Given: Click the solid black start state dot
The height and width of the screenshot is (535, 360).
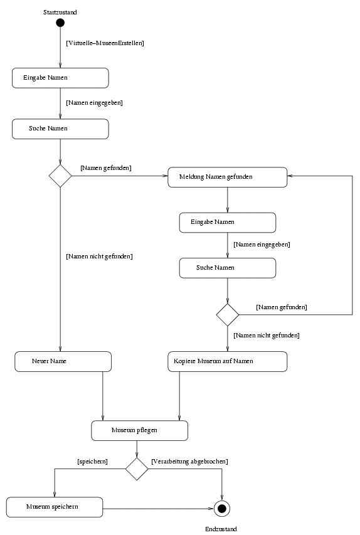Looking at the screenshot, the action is pyautogui.click(x=60, y=23).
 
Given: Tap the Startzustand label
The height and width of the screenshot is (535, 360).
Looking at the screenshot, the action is pyautogui.click(x=60, y=13).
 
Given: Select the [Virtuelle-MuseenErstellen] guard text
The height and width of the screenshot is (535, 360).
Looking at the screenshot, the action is pyautogui.click(x=105, y=43).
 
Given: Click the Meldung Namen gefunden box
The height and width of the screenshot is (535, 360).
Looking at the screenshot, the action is pyautogui.click(x=227, y=177).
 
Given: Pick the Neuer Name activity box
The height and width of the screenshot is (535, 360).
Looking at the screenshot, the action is pyautogui.click(x=63, y=361).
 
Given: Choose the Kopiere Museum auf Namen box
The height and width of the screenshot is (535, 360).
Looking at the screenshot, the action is pyautogui.click(x=227, y=361).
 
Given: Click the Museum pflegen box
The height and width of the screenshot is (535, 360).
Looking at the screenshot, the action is pyautogui.click(x=139, y=431).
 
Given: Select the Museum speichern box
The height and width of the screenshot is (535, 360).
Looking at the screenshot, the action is pyautogui.click(x=55, y=507).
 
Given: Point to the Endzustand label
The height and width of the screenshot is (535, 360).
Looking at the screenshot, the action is pyautogui.click(x=221, y=529).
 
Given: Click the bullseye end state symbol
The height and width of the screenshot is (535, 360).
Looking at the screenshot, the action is pyautogui.click(x=222, y=509).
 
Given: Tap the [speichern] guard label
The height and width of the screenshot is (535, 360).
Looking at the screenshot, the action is pyautogui.click(x=92, y=462).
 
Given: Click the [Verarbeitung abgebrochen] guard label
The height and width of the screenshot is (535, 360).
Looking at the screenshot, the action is pyautogui.click(x=189, y=462).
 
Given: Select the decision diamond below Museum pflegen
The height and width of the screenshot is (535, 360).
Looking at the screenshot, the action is pyautogui.click(x=137, y=469).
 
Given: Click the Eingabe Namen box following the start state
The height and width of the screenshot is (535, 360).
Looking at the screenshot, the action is pyautogui.click(x=60, y=78).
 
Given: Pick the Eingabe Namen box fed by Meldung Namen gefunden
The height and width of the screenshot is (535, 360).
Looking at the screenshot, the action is pyautogui.click(x=227, y=223).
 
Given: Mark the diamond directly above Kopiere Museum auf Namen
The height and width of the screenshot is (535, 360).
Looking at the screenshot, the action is pyautogui.click(x=227, y=315).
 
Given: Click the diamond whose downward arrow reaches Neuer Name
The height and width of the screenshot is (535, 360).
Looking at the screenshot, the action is pyautogui.click(x=60, y=176).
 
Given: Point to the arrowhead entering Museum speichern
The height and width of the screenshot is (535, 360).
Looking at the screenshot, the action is pyautogui.click(x=55, y=495).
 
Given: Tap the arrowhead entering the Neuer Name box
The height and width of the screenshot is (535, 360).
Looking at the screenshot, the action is pyautogui.click(x=60, y=349).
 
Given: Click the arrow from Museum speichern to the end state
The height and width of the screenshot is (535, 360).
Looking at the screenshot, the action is pyautogui.click(x=158, y=509).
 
